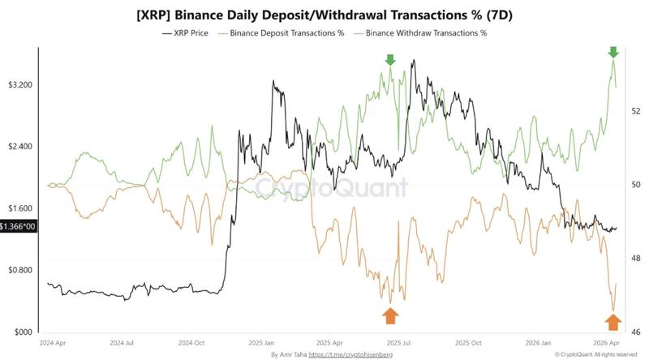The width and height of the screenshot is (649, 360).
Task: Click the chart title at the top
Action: coord(324,15)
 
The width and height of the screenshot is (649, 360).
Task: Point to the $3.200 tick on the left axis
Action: coord(20,85)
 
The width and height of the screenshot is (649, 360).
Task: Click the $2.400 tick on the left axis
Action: coord(20,147)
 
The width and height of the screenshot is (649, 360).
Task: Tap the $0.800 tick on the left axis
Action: coord(20,270)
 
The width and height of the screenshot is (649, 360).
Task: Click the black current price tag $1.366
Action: coord(17,227)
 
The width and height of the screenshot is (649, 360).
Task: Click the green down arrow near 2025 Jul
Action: coord(390,60)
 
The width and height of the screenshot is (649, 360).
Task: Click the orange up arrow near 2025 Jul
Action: coord(390,315)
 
